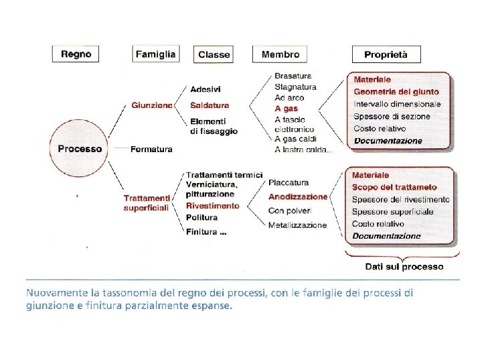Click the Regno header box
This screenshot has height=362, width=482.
point(76,54)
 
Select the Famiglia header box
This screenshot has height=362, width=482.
point(156,54)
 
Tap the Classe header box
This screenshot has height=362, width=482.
point(214,54)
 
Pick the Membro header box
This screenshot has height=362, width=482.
point(280,54)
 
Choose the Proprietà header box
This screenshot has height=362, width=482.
point(386,54)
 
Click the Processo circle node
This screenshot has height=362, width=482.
point(80,149)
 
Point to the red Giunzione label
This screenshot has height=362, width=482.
point(152,105)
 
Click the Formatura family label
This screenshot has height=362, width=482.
point(151,149)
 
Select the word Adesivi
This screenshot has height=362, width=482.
point(206,89)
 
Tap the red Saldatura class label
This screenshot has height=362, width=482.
point(210,105)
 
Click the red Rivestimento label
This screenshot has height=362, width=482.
point(212,206)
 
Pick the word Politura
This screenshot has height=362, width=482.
point(202,218)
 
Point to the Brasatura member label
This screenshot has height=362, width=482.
point(293,76)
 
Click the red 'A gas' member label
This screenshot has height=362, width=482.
point(286,108)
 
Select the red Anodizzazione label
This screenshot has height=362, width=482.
point(298,197)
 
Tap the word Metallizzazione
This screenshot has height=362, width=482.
point(297,225)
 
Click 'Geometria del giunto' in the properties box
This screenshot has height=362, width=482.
point(396,92)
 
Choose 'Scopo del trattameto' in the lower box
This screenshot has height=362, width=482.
point(394,187)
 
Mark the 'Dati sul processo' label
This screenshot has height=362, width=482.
point(404,266)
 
